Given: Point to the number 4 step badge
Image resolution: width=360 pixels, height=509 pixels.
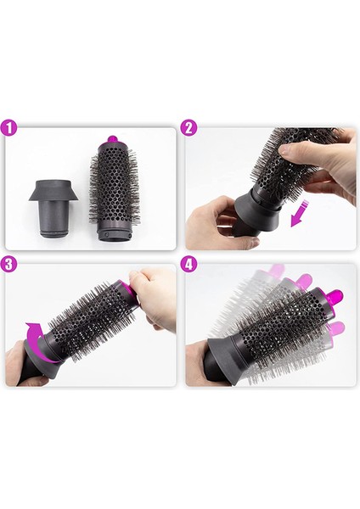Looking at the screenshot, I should (x=189, y=264).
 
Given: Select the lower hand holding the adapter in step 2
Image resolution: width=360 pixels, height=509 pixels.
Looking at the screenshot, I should (x=208, y=225).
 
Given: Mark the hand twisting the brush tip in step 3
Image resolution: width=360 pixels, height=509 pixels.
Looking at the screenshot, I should (x=153, y=297).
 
